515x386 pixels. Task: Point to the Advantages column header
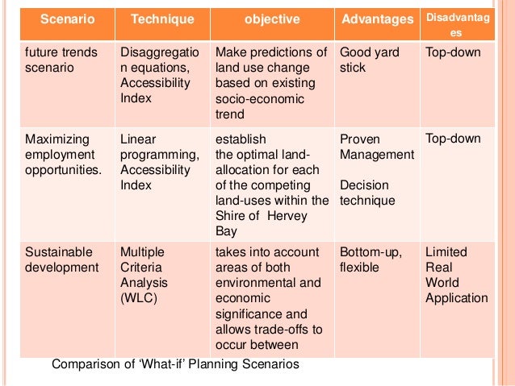[376, 19]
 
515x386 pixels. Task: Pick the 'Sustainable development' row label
[61, 259]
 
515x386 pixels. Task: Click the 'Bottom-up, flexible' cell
[371, 259]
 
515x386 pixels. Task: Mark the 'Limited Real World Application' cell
[456, 275]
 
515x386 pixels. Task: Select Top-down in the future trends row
[453, 52]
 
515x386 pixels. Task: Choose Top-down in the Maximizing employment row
[453, 139]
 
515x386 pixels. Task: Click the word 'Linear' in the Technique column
[138, 139]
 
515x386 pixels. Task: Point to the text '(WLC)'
[140, 298]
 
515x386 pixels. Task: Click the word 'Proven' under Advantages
[360, 139]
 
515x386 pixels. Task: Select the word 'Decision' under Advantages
[364, 185]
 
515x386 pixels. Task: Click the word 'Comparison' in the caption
[86, 364]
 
